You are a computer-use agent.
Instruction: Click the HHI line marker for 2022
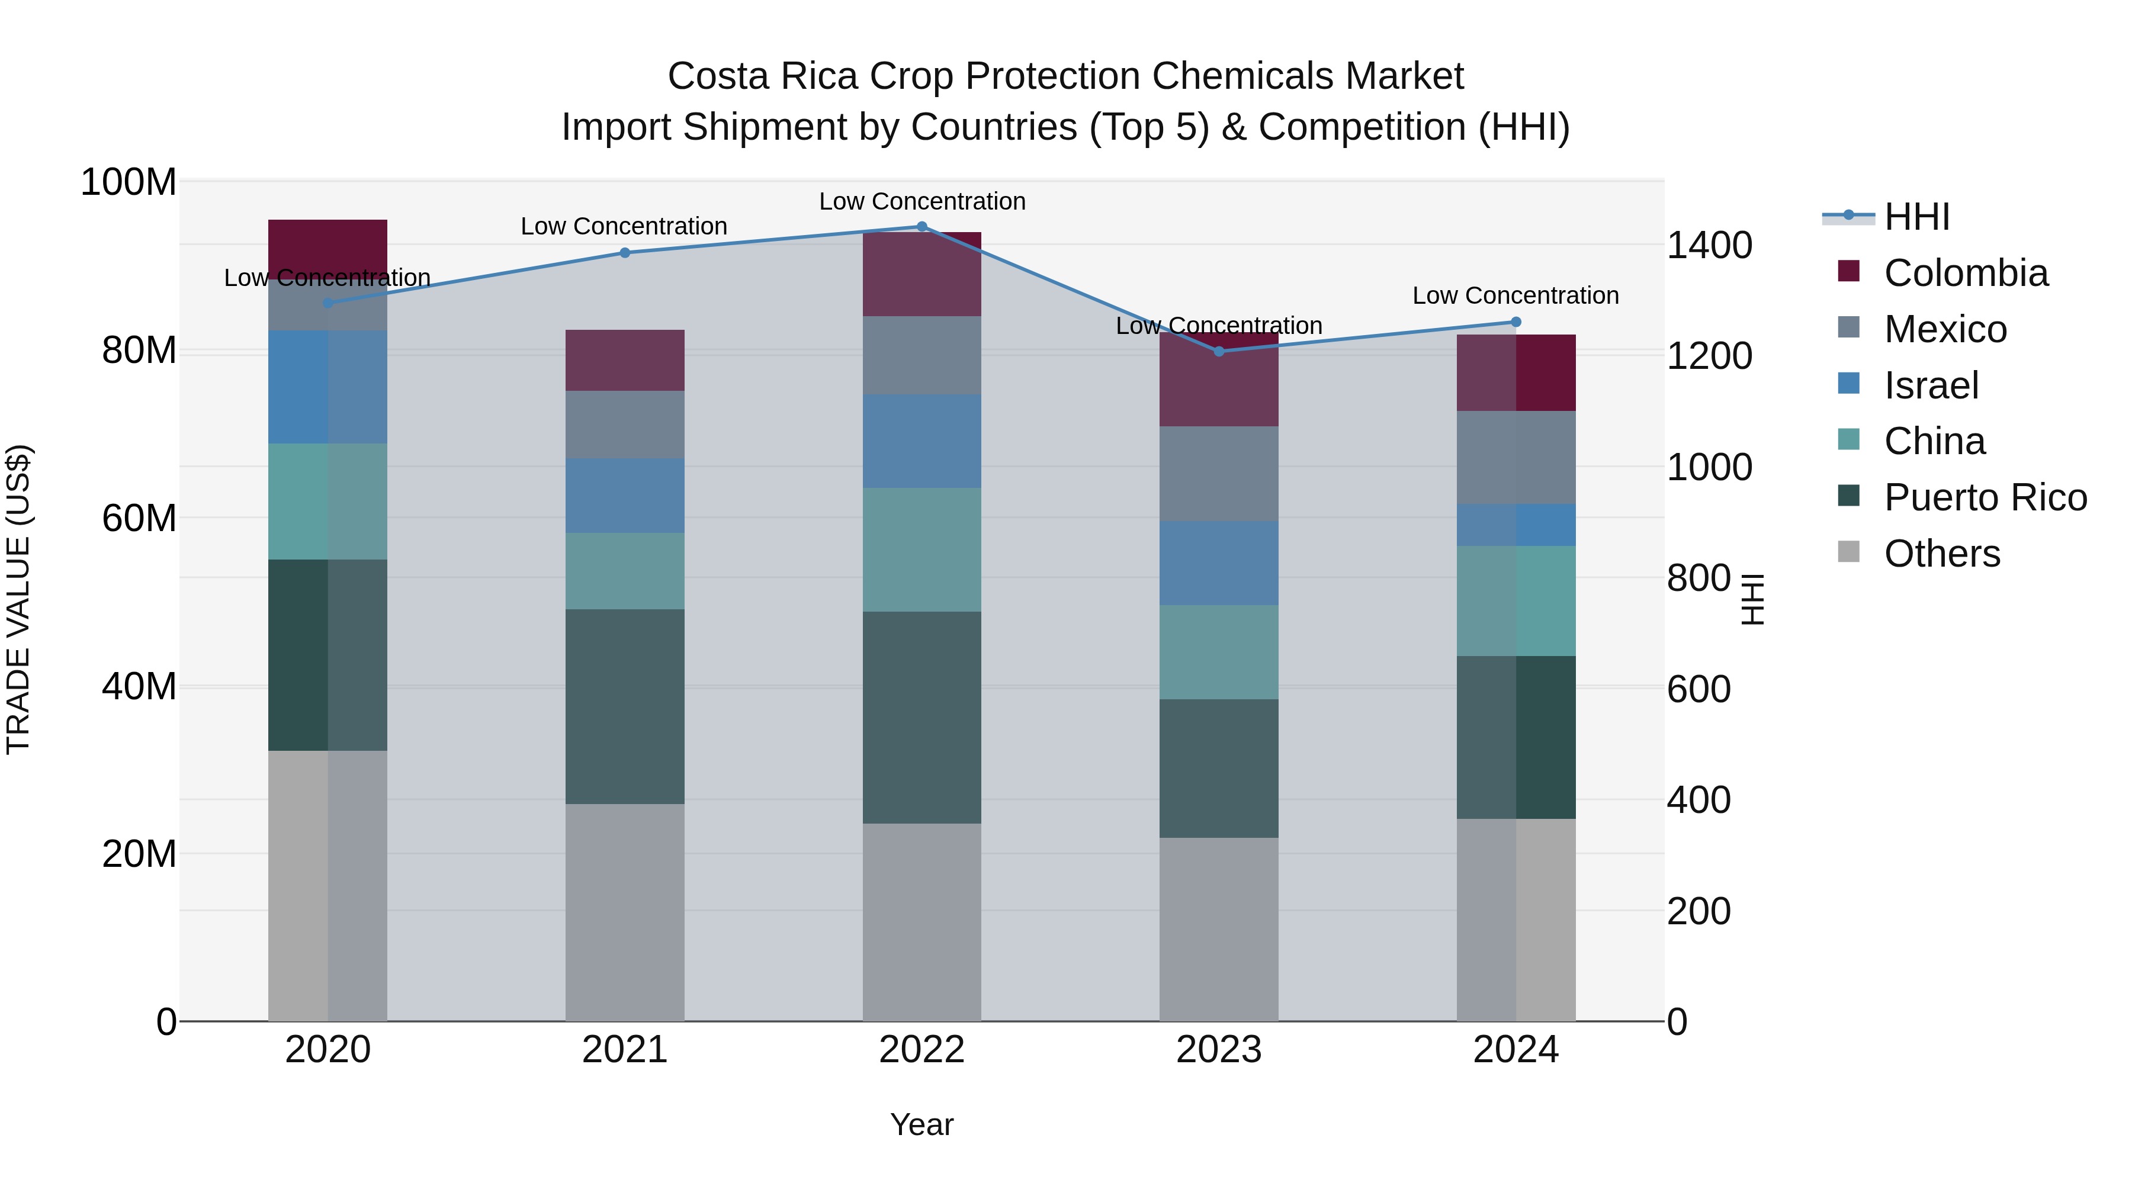(x=922, y=227)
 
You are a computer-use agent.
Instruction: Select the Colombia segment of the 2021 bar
(x=625, y=361)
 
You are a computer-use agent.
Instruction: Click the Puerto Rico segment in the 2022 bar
(x=922, y=718)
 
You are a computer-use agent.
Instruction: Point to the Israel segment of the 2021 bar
(x=625, y=496)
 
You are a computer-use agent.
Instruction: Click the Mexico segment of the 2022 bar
(x=922, y=356)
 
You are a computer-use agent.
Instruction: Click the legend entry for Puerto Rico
(x=1985, y=498)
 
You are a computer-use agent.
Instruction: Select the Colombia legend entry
(x=1966, y=273)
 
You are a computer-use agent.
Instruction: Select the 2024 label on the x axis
(x=1515, y=1050)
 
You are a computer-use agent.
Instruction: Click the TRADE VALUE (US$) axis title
(x=19, y=599)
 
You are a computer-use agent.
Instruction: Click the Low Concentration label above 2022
(x=922, y=202)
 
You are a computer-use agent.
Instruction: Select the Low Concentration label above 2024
(x=1515, y=295)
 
